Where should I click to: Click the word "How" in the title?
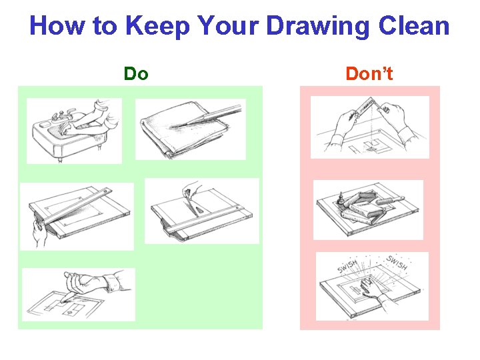57,25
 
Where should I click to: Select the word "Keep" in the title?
157,27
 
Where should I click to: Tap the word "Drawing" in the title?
319,27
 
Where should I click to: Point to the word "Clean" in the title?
414,25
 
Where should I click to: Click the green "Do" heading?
136,73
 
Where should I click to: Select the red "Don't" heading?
369,73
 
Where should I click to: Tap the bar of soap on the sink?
45,125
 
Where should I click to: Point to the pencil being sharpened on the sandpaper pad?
211,115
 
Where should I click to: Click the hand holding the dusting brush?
191,187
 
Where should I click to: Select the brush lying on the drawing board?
390,201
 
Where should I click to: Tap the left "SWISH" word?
347,266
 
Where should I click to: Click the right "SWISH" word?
397,262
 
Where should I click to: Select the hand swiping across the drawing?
371,289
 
